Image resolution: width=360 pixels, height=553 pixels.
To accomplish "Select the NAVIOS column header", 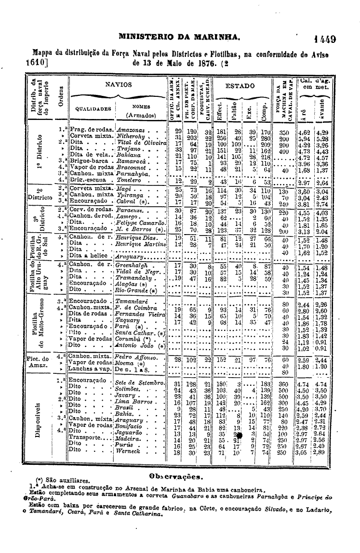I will pyautogui.click(x=119, y=84).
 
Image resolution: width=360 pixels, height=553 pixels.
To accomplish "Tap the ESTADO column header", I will pyautogui.click(x=240, y=86).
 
